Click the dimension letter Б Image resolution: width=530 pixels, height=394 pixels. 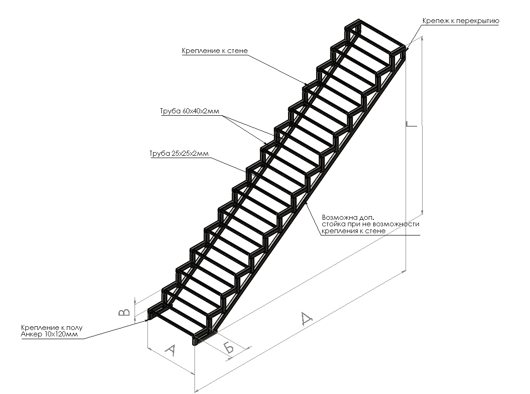tap(229, 347)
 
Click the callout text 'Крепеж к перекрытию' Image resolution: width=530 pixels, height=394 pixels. tap(460, 21)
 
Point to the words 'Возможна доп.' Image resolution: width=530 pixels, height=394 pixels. tap(345, 217)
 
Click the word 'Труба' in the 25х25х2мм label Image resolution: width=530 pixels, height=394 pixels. tap(158, 153)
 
